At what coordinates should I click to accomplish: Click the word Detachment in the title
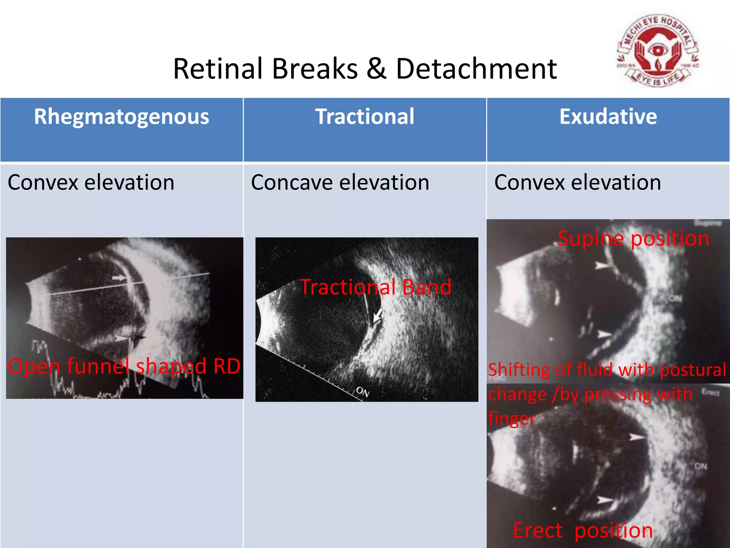476,68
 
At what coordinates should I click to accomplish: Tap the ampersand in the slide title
376,68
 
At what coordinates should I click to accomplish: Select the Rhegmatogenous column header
122,117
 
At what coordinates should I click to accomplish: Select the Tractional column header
365,117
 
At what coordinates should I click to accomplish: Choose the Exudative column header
608,117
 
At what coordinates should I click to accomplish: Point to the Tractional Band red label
376,287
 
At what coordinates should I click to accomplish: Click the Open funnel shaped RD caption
124,366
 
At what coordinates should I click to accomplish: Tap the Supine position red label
633,238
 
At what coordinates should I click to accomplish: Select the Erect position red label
583,530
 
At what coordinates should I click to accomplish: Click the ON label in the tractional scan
363,392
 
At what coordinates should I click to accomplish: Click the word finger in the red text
511,418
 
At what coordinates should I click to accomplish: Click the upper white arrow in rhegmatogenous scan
119,278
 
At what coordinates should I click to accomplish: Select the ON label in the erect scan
700,466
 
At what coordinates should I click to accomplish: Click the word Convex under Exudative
529,183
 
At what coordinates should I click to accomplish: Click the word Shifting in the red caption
519,370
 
